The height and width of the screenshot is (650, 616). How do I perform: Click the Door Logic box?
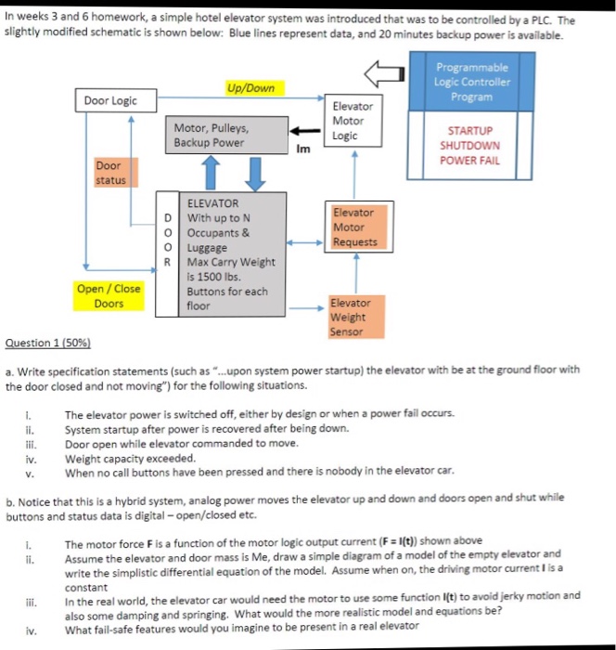click(x=110, y=100)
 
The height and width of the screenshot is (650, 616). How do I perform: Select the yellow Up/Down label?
click(x=251, y=88)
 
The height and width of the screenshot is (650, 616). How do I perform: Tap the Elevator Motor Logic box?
click(x=348, y=121)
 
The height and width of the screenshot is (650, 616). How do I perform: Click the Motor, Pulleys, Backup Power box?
click(x=225, y=135)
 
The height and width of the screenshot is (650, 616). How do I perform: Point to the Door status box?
click(x=111, y=173)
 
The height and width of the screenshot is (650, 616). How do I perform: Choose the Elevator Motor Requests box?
click(x=354, y=227)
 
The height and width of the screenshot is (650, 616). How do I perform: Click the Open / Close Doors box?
click(x=109, y=296)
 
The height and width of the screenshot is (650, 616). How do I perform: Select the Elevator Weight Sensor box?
click(x=349, y=317)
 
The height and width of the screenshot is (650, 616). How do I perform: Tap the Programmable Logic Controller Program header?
click(x=471, y=83)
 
